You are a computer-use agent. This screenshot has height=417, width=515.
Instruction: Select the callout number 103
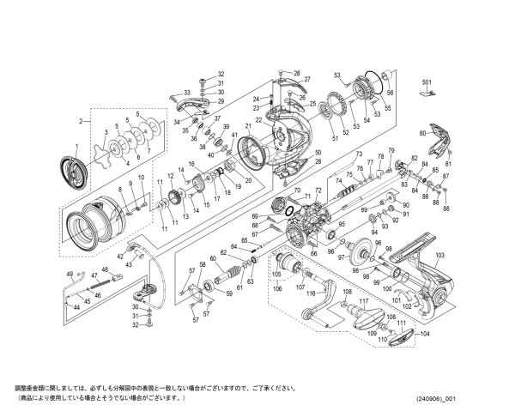(x=439, y=256)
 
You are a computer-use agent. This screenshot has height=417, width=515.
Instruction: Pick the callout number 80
(x=421, y=134)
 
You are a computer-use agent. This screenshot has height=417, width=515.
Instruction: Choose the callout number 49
(x=70, y=274)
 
